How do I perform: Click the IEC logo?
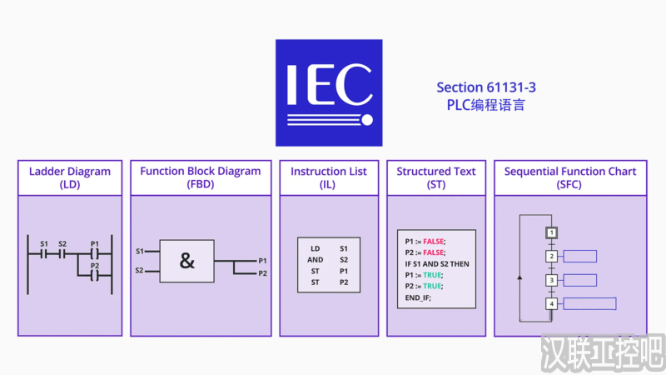click(329, 92)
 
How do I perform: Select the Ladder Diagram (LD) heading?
click(70, 178)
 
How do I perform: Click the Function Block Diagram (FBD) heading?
click(200, 178)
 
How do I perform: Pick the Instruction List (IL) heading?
click(329, 178)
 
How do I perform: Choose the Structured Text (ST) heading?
click(436, 178)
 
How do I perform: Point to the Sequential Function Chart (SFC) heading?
click(570, 178)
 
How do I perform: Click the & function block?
click(186, 261)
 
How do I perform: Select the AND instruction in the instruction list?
click(316, 260)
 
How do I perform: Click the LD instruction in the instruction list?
click(316, 248)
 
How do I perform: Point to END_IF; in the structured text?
click(418, 297)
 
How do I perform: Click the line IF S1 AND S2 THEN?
click(437, 263)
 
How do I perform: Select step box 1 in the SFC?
click(551, 232)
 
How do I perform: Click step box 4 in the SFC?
click(551, 304)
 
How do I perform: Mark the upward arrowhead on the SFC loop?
click(520, 277)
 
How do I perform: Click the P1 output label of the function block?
click(263, 261)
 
